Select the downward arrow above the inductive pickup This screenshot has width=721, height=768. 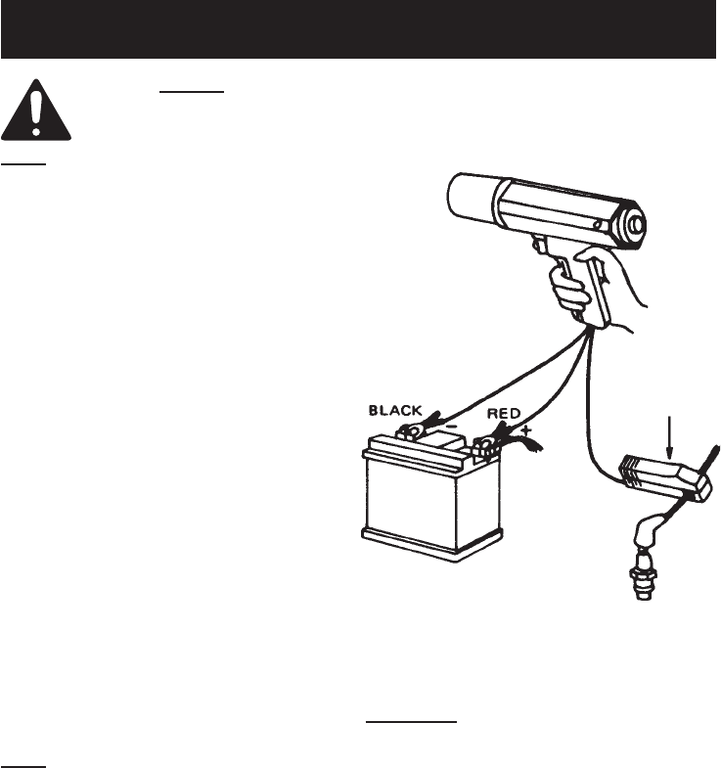coord(669,435)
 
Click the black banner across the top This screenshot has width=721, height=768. coord(360,28)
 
